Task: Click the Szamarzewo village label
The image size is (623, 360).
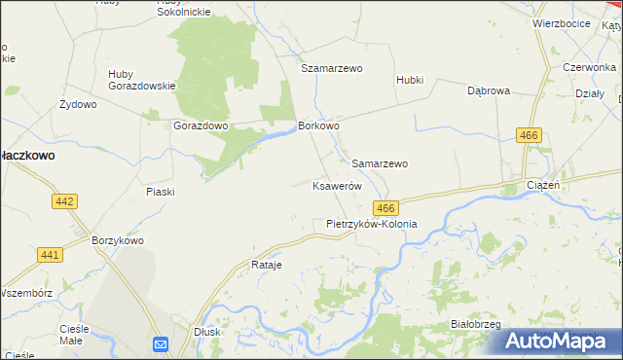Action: (x=331, y=69)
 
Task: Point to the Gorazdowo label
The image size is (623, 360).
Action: (x=201, y=126)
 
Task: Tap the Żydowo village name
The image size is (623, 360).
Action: (x=78, y=104)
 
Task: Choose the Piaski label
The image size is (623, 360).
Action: (x=160, y=192)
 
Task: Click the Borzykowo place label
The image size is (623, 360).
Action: (x=118, y=240)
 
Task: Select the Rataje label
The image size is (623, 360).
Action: (x=266, y=265)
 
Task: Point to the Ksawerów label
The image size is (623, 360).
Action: (x=337, y=186)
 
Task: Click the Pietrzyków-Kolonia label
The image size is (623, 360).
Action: (x=371, y=224)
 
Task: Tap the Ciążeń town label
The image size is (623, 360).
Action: (x=542, y=185)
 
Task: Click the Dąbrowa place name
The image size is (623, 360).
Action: (x=489, y=90)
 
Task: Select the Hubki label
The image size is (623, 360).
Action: (x=410, y=80)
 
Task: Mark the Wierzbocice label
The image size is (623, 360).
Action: (x=562, y=22)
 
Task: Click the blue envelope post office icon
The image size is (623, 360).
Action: (x=161, y=344)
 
